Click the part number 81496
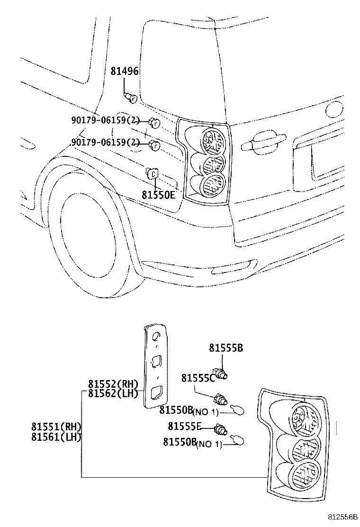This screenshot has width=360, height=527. pos(125,72)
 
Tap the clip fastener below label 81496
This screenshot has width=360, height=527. pos(132,99)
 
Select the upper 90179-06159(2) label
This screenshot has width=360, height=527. pos(106,121)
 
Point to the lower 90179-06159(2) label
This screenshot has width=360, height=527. pos(105,142)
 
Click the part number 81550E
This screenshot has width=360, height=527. pos(158,194)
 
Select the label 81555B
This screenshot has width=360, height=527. pos(226,348)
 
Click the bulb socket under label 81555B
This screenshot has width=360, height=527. pos(221,374)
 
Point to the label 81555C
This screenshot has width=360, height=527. pos(198,378)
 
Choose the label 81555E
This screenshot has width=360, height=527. pos(185,426)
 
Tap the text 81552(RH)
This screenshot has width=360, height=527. pos(113,384)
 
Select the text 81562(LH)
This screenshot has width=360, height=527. pos(113,393)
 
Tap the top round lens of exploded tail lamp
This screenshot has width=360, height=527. pos(303,419)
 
